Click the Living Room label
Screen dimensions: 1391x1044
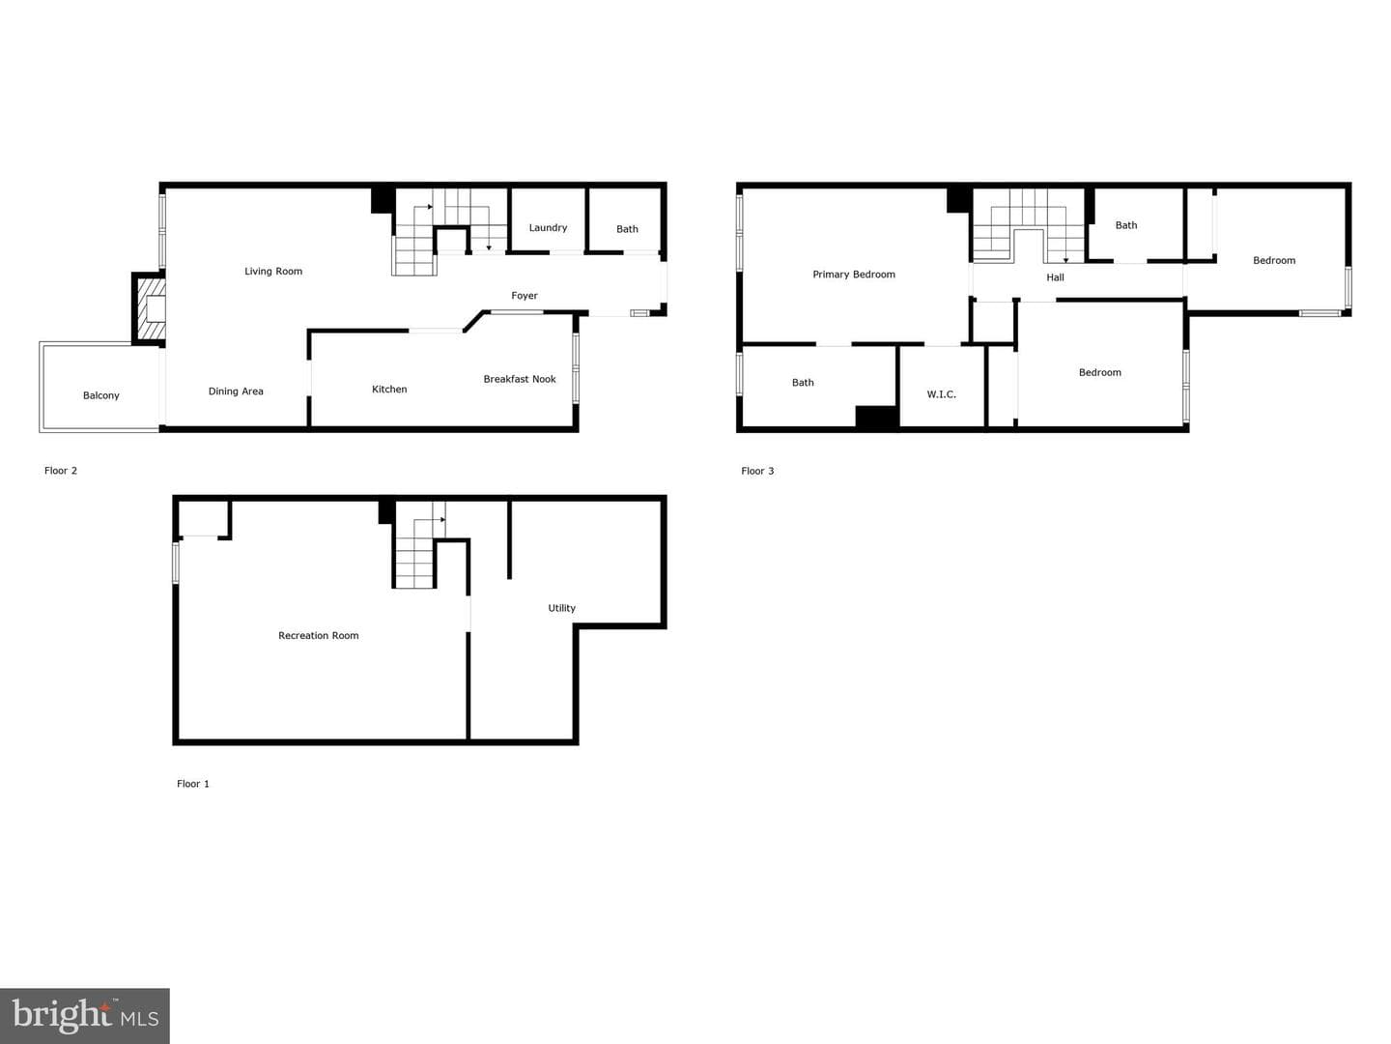click(x=273, y=272)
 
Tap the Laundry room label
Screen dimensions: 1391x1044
click(x=548, y=227)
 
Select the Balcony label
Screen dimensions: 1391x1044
click(x=100, y=395)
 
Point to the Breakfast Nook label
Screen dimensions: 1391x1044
click(x=519, y=379)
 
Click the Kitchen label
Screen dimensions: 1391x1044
click(x=389, y=390)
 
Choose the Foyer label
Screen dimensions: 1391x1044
click(x=525, y=296)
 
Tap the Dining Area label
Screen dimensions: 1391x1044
click(x=236, y=391)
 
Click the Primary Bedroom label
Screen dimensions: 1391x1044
click(x=854, y=275)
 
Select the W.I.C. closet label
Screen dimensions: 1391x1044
click(x=941, y=394)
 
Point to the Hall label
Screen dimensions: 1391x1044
click(x=1055, y=277)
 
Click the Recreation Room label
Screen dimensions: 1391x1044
click(x=318, y=635)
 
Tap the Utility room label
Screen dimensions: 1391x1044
click(x=561, y=608)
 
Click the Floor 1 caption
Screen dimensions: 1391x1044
click(x=192, y=783)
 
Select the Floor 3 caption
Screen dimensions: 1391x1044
click(x=757, y=471)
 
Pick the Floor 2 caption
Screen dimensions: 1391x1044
click(x=60, y=471)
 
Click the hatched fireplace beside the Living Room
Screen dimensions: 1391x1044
click(x=150, y=309)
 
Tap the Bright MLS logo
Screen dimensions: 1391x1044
click(x=85, y=1015)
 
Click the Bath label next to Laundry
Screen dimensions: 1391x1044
click(x=627, y=229)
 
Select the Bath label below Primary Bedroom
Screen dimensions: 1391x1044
click(x=803, y=382)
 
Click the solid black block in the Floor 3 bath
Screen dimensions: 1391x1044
click(x=876, y=417)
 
